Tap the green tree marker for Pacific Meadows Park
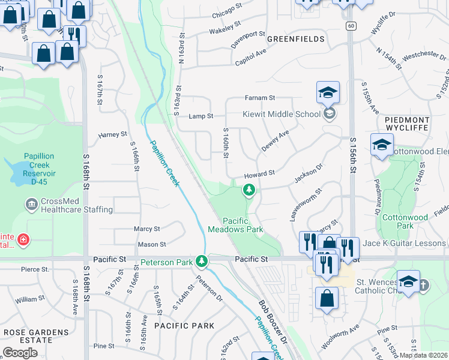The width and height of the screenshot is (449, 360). coord(249,191)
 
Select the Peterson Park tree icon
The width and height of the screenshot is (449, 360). coord(202,262)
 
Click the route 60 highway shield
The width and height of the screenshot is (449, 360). coord(351,26)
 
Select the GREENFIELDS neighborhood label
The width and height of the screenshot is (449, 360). coord(296,39)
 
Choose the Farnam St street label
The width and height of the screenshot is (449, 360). coord(259,98)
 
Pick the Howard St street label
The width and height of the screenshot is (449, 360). coord(259,173)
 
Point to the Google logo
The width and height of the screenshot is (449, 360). coord(20,353)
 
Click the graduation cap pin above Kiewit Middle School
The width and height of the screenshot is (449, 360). coord(328,92)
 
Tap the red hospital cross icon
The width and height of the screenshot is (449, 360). coord(23,241)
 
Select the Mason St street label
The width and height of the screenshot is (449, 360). coord(152,245)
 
